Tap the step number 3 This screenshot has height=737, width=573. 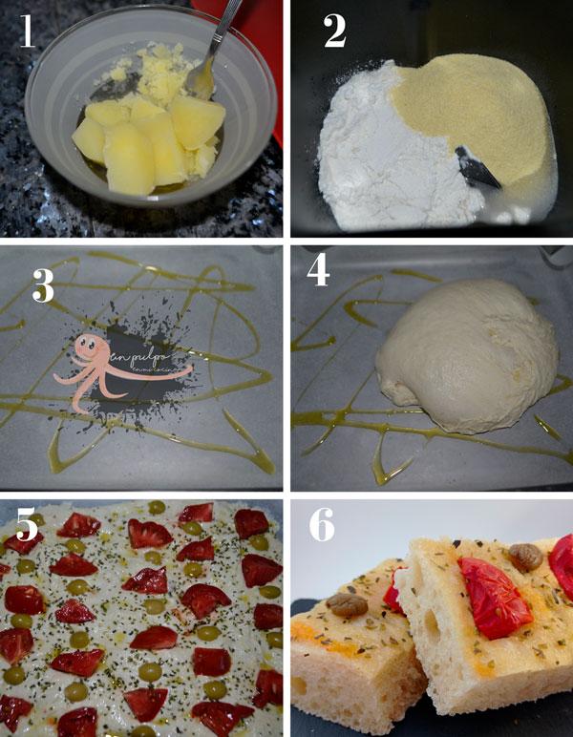[x=42, y=285]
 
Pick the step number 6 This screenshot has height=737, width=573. [x=322, y=526]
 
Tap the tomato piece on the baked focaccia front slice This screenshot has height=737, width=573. [x=495, y=597]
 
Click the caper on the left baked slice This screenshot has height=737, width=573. [x=348, y=604]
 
